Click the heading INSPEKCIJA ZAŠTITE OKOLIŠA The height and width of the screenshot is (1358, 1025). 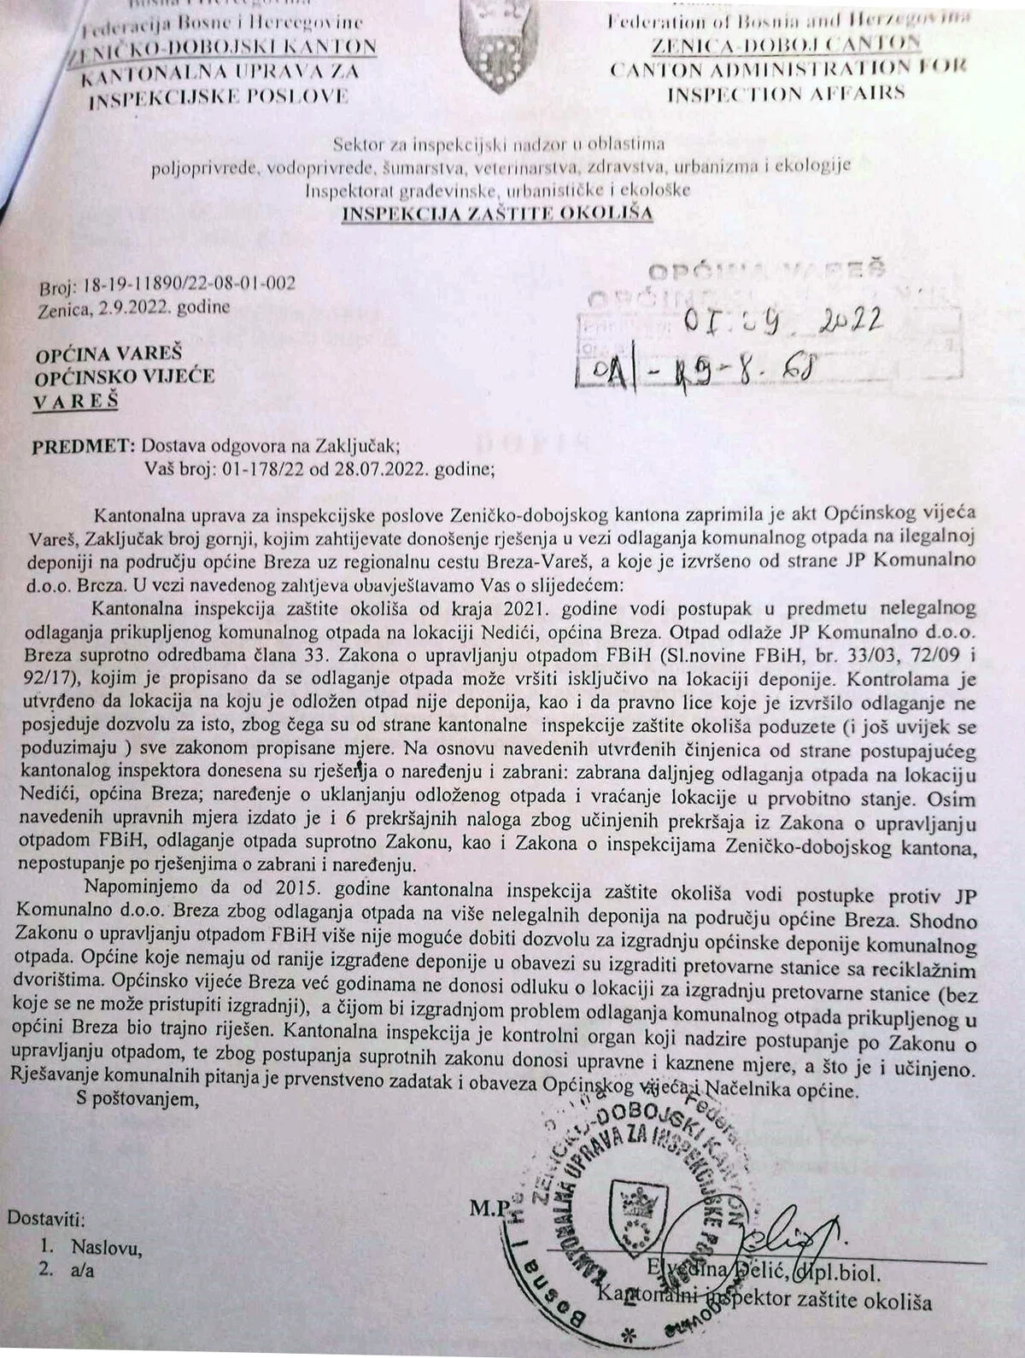(x=497, y=214)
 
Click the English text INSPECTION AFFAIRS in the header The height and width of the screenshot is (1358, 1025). (x=785, y=93)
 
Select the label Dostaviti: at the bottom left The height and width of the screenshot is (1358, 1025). (x=46, y=1220)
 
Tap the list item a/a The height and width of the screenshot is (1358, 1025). (x=83, y=1270)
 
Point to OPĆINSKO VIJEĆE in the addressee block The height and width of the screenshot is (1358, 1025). (x=125, y=376)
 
